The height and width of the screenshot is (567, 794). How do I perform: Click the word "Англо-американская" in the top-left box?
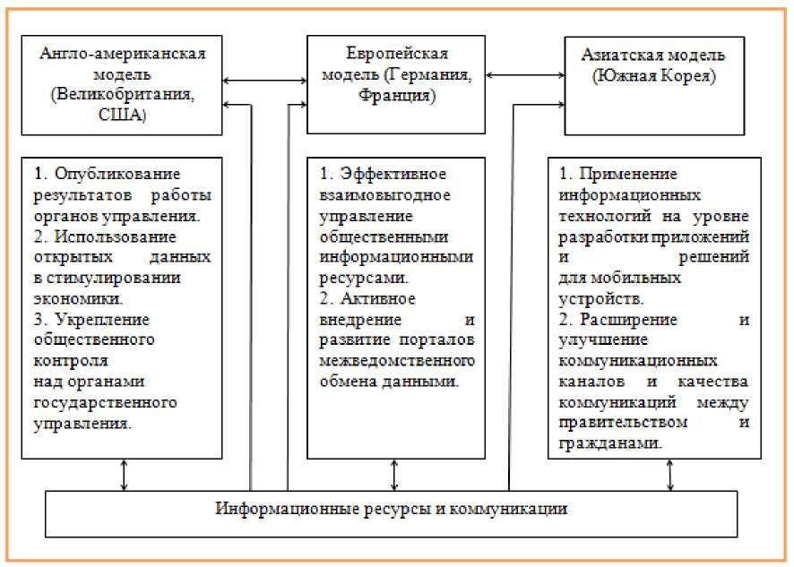pyautogui.click(x=124, y=53)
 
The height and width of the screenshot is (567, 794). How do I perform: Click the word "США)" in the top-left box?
pyautogui.click(x=123, y=115)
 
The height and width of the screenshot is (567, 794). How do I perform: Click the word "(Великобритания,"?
pyautogui.click(x=123, y=94)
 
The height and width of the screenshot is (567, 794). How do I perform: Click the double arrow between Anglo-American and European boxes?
pyautogui.click(x=265, y=82)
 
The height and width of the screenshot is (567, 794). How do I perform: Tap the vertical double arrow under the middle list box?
pyautogui.click(x=394, y=475)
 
